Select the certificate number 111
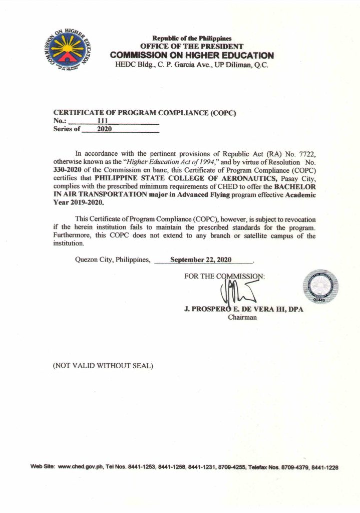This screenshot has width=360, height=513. coord(103,121)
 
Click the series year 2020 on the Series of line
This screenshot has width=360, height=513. coord(104,129)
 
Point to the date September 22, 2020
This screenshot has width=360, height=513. coord(201,260)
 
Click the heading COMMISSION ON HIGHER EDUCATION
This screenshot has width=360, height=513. coord(192,56)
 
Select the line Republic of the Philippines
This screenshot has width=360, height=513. coord(192,39)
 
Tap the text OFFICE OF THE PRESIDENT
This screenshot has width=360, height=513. coord(192,47)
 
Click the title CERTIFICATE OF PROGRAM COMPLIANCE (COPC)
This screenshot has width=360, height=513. coord(144,113)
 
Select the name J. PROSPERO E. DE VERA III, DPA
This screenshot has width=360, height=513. coord(243,310)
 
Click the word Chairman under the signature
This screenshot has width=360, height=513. coord(242,317)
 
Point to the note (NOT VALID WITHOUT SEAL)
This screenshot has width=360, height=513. coord(103,365)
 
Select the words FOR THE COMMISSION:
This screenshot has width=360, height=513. coord(224,276)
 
